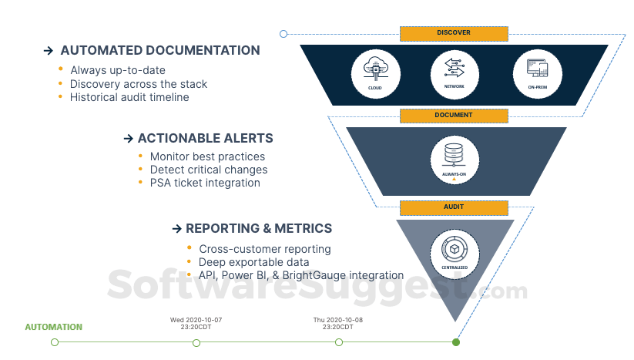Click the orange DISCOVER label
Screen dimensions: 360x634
[454, 33]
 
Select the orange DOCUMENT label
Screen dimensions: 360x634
[454, 116]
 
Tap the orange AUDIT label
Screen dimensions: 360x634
[454, 207]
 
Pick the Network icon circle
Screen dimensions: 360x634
[454, 72]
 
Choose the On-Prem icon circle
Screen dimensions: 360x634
[537, 72]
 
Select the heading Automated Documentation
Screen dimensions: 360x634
[160, 51]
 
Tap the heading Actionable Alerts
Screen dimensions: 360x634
[205, 139]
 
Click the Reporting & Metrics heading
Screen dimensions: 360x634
[259, 228]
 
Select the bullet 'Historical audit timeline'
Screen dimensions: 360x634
[129, 97]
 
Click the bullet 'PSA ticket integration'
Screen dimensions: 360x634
[205, 183]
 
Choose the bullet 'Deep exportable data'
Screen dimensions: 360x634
[254, 262]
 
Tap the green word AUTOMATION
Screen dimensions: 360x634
[53, 327]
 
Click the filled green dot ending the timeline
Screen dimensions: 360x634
[456, 342]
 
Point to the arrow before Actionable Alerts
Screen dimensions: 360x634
[129, 139]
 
